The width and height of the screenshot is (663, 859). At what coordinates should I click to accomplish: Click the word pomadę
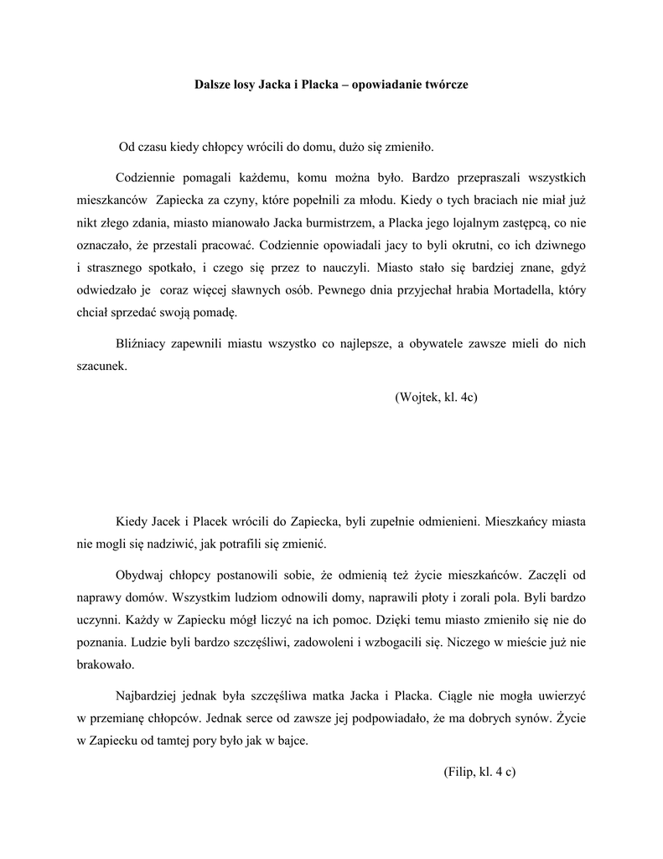[217, 314]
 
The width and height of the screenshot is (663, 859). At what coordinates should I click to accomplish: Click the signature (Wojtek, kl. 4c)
[435, 396]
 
